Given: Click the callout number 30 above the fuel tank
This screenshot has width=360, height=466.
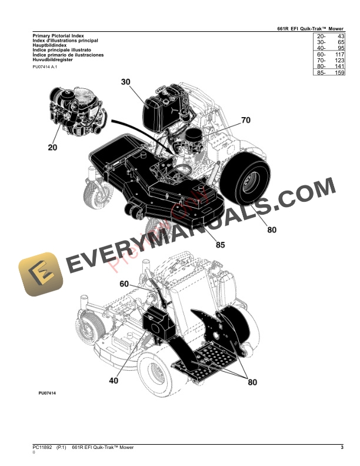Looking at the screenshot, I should (x=125, y=82).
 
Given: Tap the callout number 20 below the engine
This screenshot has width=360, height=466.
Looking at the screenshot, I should (x=52, y=147).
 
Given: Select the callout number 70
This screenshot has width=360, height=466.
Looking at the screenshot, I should (x=245, y=120).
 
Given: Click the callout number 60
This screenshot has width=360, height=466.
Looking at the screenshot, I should (x=124, y=284).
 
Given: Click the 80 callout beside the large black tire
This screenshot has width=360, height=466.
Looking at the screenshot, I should (x=271, y=230).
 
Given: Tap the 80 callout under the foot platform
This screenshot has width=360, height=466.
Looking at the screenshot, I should (x=252, y=382).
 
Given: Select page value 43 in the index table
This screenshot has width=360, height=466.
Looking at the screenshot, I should (x=339, y=37).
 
